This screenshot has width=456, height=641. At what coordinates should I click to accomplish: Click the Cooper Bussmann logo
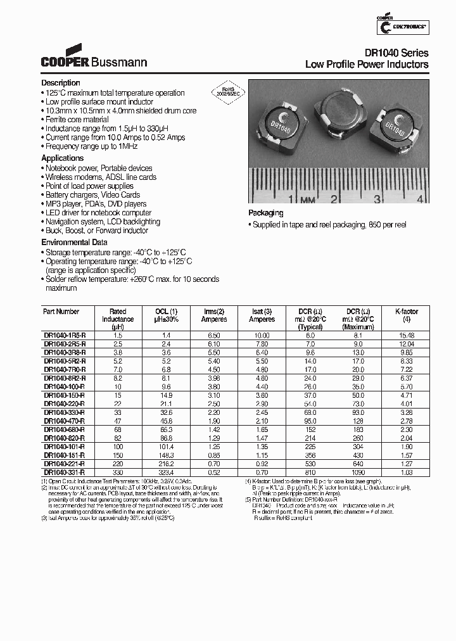pyautogui.click(x=94, y=58)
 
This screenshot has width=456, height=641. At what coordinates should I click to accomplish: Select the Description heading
pyautogui.click(x=61, y=83)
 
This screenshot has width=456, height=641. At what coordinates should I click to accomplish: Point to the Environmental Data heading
pyautogui.click(x=74, y=243)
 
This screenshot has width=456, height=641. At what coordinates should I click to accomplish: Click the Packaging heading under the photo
pyautogui.click(x=265, y=213)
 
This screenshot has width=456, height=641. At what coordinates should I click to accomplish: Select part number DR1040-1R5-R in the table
pyautogui.click(x=65, y=335)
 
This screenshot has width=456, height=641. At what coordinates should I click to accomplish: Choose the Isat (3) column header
pyautogui.click(x=262, y=312)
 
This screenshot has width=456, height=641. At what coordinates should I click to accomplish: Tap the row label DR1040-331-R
pyautogui.click(x=65, y=472)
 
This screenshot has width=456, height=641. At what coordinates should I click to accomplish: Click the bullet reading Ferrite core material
pyautogui.click(x=77, y=119)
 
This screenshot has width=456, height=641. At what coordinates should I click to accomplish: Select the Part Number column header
pyautogui.click(x=61, y=312)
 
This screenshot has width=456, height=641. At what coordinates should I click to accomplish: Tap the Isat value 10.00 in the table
pyautogui.click(x=262, y=335)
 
